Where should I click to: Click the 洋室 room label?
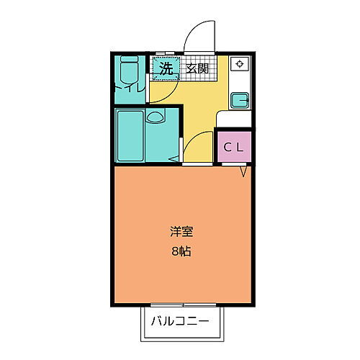pyautogui.click(x=181, y=232)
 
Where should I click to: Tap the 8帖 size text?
pyautogui.click(x=181, y=253)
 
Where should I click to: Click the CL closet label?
pyautogui.click(x=234, y=147)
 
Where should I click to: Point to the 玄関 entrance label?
pyautogui.click(x=197, y=69)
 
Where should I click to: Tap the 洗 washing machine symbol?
pyautogui.click(x=166, y=69)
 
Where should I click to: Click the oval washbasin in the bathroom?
pyautogui.click(x=155, y=117)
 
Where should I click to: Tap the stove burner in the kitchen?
pyautogui.click(x=239, y=65)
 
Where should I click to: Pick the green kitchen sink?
pyautogui.click(x=239, y=99)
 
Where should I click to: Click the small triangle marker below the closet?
pyautogui.click(x=244, y=171)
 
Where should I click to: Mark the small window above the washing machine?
pyautogui.click(x=166, y=53)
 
